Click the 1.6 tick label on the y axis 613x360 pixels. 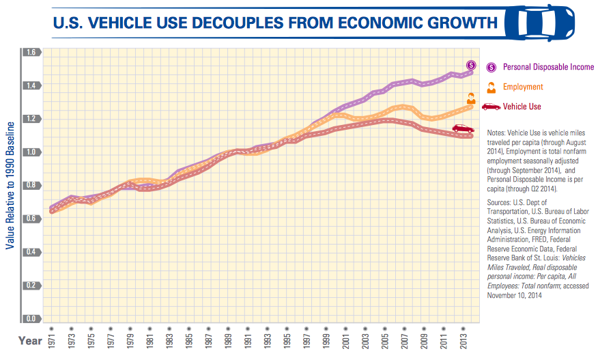(x=31, y=52)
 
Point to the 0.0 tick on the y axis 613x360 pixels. (x=31, y=318)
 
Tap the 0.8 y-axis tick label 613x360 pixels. (x=31, y=185)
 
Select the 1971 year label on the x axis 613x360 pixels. (x=52, y=340)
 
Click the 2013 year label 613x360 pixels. (x=464, y=340)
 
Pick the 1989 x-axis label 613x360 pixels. (x=228, y=340)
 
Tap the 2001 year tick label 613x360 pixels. (x=345, y=340)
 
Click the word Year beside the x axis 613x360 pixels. (x=30, y=341)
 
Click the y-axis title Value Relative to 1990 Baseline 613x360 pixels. (x=10, y=186)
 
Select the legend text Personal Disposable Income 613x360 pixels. (x=548, y=67)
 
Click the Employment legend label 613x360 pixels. (x=523, y=87)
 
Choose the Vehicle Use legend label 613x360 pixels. (x=522, y=107)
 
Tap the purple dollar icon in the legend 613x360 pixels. (x=491, y=68)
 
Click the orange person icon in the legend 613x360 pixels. (x=491, y=87)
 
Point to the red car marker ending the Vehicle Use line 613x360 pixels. (x=464, y=128)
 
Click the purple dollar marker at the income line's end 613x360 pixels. (x=471, y=66)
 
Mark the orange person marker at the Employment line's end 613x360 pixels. (x=471, y=98)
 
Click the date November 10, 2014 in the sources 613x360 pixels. (x=515, y=295)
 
